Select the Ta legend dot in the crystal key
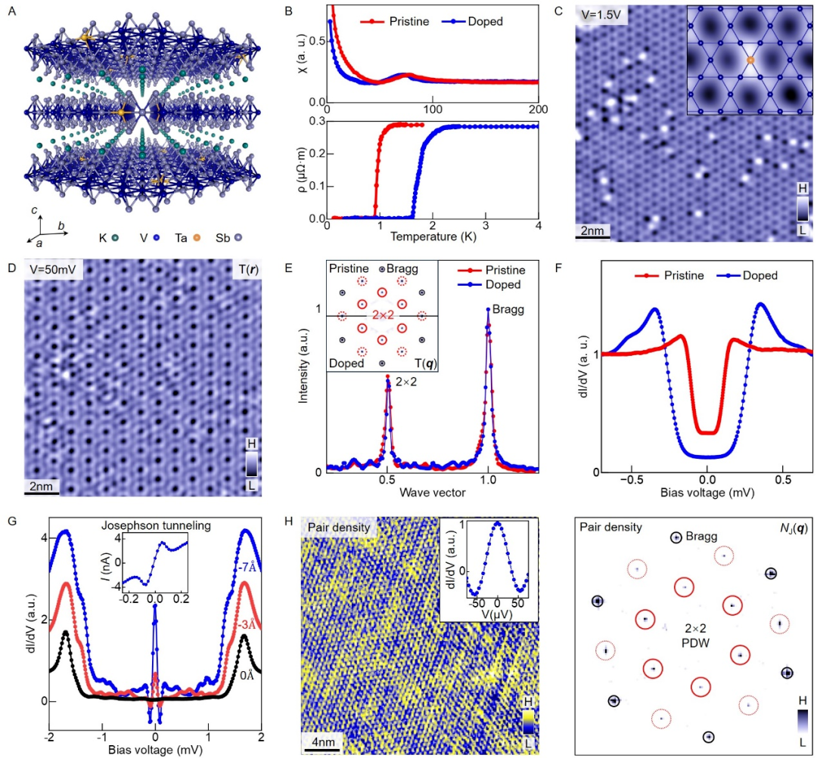click(197, 238)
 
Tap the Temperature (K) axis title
click(433, 237)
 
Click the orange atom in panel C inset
click(750, 60)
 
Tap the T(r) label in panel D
click(245, 270)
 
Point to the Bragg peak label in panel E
click(508, 309)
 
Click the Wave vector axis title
click(433, 492)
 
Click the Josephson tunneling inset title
click(156, 526)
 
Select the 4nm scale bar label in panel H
click(322, 741)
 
